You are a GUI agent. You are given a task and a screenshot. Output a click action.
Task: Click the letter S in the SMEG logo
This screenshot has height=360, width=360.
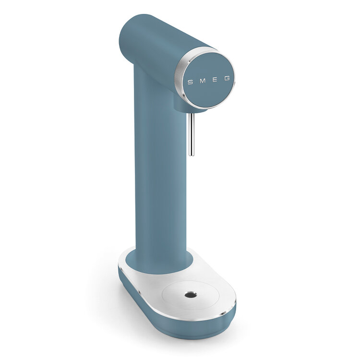[x=190, y=82]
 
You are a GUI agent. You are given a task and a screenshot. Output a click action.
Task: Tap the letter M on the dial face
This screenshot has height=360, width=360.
[x=202, y=81]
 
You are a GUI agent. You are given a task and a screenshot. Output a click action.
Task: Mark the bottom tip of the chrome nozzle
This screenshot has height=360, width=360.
[x=191, y=155]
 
